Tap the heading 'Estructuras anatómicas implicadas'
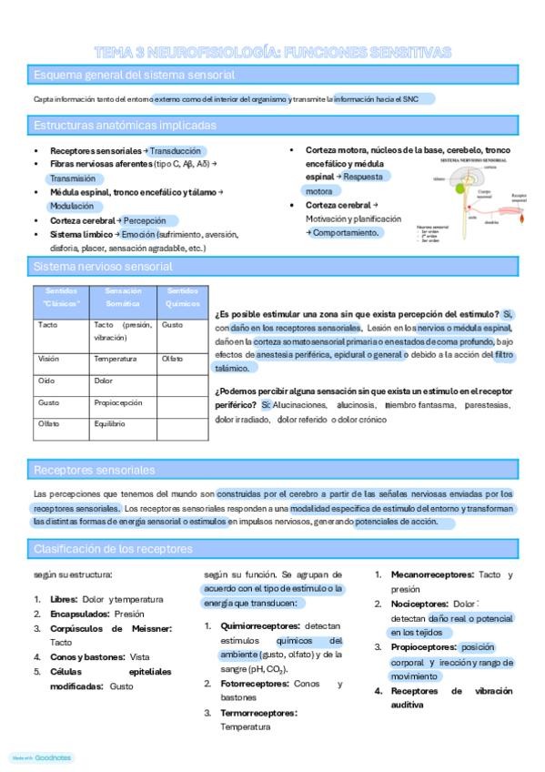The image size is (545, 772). pos(125,125)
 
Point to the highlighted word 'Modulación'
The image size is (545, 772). pos(71,207)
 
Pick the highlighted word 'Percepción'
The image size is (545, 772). pos(149,220)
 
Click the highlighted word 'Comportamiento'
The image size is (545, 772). pos(346,233)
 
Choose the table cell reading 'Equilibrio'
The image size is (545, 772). pos(112,423)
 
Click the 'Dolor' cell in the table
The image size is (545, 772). pos(104,381)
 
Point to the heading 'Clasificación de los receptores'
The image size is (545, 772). pos(113,549)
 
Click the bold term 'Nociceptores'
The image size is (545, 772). pos(419,604)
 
